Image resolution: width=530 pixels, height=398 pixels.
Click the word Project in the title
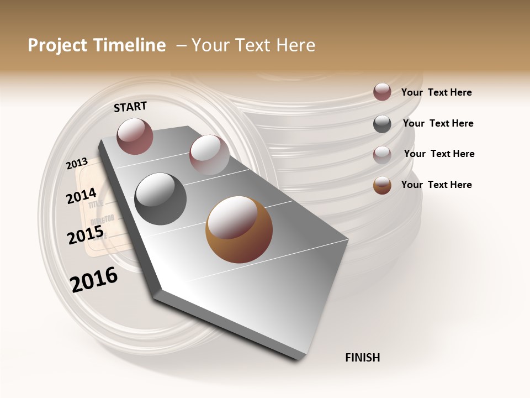click(58, 45)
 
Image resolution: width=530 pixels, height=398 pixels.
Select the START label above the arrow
click(130, 107)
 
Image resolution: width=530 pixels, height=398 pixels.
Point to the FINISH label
click(363, 358)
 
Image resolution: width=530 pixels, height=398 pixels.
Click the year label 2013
click(77, 163)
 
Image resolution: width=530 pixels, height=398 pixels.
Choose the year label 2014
click(82, 196)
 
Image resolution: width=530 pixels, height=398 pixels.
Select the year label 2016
click(94, 279)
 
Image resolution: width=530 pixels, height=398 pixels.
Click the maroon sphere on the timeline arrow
click(135, 136)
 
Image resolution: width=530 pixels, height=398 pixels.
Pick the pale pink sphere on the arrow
click(209, 155)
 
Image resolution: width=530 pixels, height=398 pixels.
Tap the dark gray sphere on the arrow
click(160, 198)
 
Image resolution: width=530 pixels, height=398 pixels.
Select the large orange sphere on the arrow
click(239, 229)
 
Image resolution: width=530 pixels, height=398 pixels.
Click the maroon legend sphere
click(382, 92)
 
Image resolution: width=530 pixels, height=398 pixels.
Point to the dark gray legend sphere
click(382, 124)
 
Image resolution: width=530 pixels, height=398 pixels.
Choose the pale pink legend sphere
click(382, 155)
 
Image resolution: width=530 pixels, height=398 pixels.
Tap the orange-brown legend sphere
click(382, 185)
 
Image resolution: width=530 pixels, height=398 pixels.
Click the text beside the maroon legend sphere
click(437, 92)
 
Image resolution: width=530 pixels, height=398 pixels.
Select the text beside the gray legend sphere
click(438, 123)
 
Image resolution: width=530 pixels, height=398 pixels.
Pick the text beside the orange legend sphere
click(437, 185)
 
